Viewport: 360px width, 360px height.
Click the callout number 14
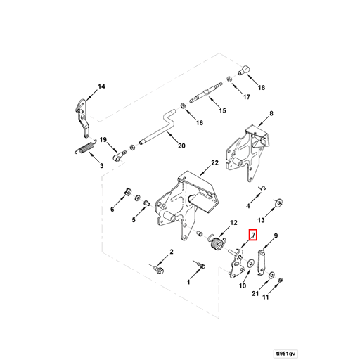click(x=101, y=86)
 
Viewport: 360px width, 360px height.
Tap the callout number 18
click(x=262, y=88)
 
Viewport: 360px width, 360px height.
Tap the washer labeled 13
click(x=280, y=202)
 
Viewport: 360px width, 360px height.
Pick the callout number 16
click(x=199, y=123)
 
